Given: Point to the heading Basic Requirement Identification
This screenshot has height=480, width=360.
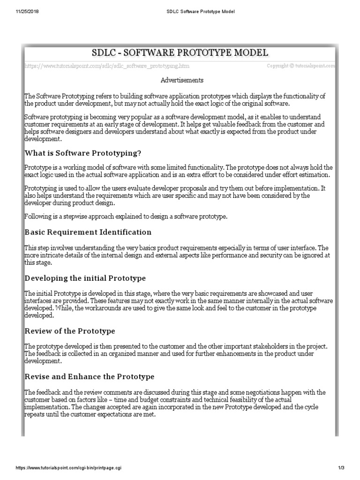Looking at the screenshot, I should pos(88,232).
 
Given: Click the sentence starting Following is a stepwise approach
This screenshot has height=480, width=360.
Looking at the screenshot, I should pos(126,217).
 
